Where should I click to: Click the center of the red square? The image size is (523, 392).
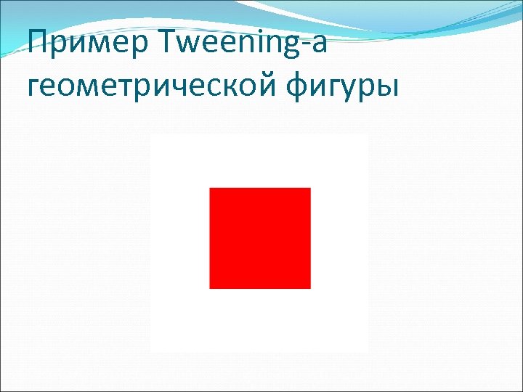click(x=260, y=238)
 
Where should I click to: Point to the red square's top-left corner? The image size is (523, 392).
click(x=210, y=188)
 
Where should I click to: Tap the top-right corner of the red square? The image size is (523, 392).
click(x=310, y=188)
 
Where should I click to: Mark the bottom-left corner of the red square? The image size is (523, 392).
click(x=210, y=288)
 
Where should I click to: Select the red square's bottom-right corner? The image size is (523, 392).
click(x=310, y=288)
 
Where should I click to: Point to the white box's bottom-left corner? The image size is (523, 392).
click(x=151, y=351)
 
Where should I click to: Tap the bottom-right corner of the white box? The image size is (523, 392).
click(x=368, y=351)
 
